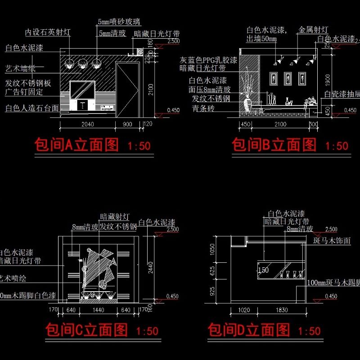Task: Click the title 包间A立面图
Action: click(77, 145)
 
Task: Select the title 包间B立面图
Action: click(274, 145)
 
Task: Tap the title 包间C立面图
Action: click(87, 330)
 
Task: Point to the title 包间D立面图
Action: click(249, 330)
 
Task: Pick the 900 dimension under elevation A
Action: click(128, 125)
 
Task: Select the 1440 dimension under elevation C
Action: click(98, 310)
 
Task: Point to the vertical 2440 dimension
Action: click(151, 269)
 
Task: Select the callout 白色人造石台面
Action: click(32, 108)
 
